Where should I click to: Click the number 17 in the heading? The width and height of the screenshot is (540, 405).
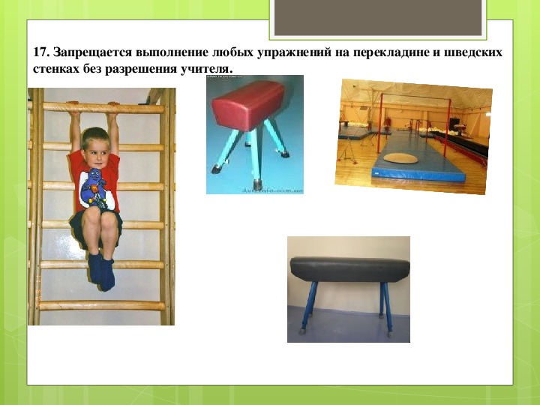[x=41, y=52]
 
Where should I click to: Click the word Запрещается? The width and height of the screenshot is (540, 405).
[x=93, y=53]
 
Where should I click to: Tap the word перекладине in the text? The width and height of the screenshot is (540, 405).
[x=391, y=53]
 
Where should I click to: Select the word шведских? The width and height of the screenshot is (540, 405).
[x=472, y=52]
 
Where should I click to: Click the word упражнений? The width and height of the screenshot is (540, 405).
[x=292, y=53]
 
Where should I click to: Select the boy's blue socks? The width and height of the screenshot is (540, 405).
[x=101, y=271]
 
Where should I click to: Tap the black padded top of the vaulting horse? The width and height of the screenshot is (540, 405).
[x=350, y=269]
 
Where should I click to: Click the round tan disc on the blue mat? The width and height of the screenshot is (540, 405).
[x=400, y=158]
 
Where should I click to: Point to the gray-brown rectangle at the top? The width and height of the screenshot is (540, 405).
[x=378, y=17]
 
